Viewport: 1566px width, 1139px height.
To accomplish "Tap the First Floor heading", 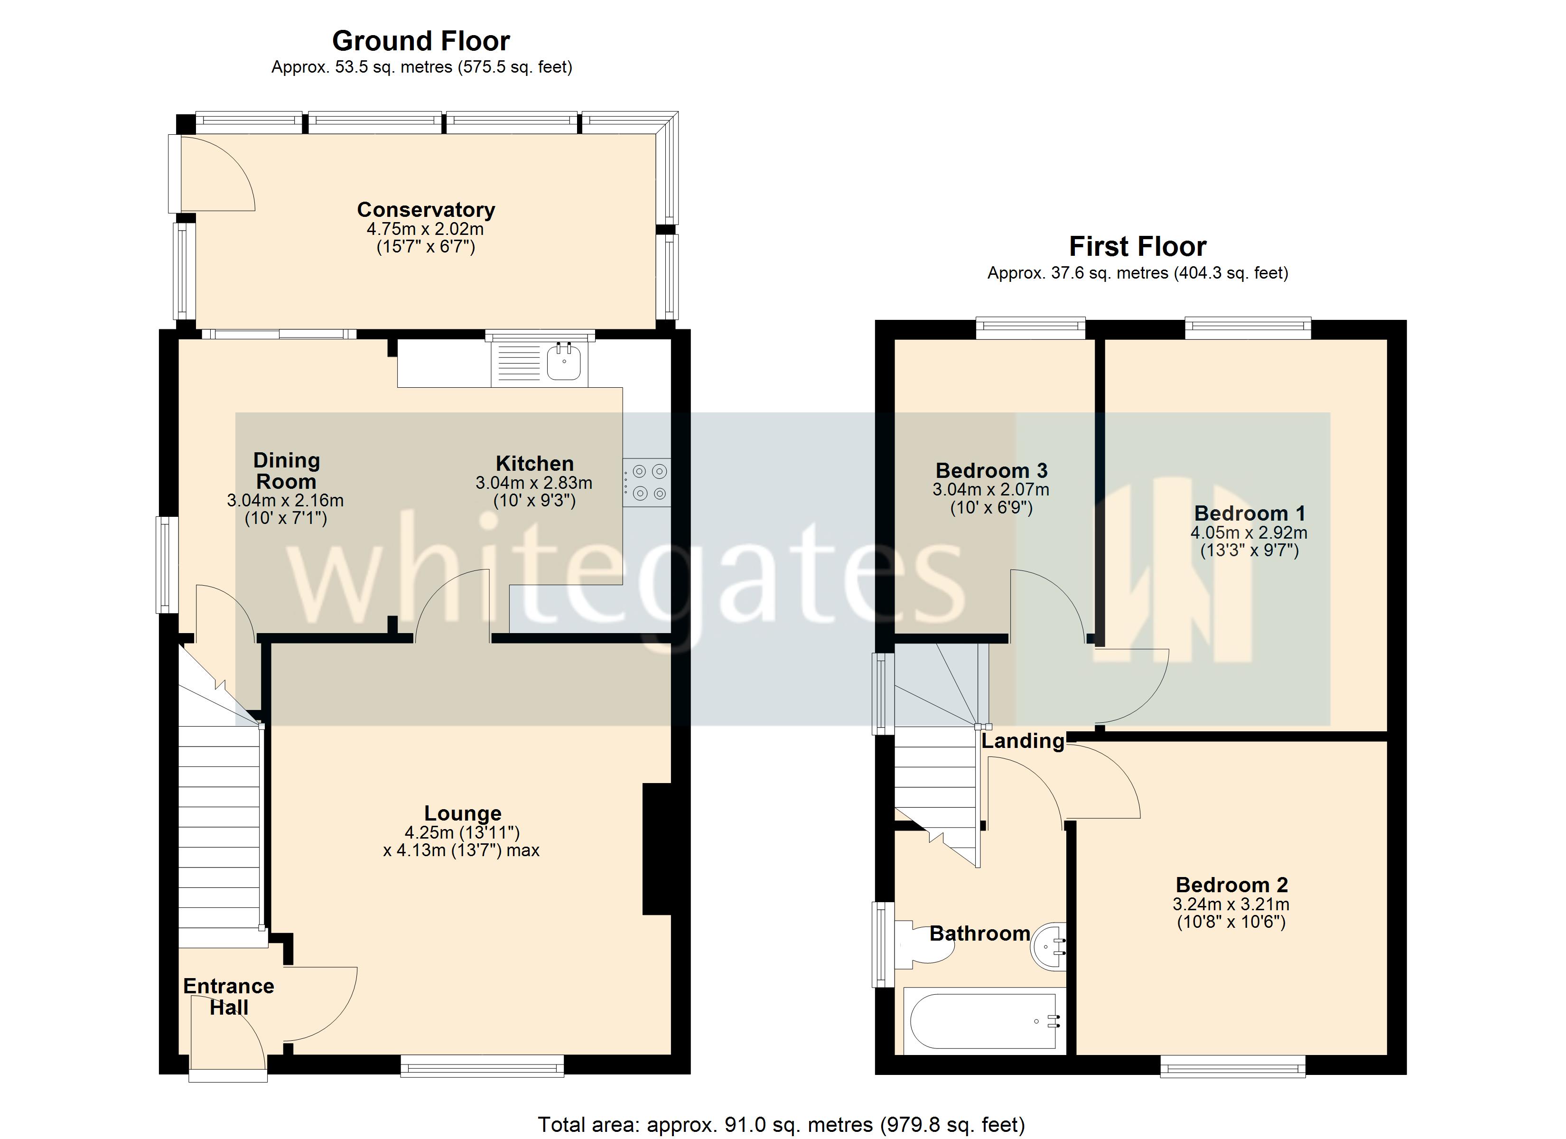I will (1137, 247).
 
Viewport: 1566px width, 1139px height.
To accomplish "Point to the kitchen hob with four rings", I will (647, 482).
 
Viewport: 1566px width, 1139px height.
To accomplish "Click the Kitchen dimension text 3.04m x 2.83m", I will (534, 483).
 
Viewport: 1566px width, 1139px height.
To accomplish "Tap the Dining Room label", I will (286, 470).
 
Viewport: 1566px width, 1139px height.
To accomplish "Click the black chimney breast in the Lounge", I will (657, 848).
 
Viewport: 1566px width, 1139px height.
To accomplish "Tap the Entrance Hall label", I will (229, 996).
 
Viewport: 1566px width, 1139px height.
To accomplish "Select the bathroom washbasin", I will (1049, 946).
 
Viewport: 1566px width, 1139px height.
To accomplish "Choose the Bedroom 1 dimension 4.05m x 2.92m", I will (1249, 532).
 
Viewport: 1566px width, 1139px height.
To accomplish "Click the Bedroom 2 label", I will (1231, 885).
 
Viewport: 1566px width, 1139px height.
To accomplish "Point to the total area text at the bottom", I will (781, 1124).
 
